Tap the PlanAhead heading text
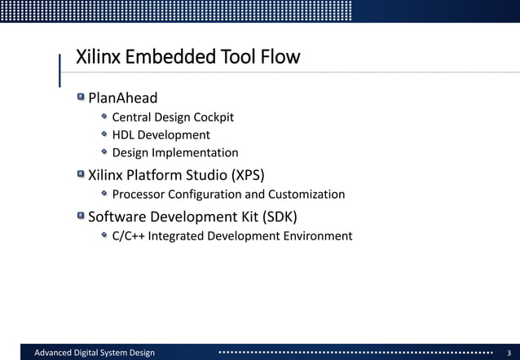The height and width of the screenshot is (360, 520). pos(122,99)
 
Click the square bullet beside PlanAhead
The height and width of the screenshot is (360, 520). pos(81,98)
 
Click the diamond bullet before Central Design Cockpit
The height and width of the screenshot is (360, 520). pos(104,116)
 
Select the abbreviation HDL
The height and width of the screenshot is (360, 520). pos(123,135)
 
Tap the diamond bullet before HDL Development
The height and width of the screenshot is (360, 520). pos(104,134)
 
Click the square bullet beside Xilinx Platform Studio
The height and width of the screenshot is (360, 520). pos(81,173)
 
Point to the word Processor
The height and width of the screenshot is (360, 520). pos(140,195)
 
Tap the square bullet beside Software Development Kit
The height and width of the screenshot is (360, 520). pos(81,216)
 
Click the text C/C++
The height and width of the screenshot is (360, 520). pos(128,236)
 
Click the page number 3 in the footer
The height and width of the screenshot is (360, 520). pos(509,352)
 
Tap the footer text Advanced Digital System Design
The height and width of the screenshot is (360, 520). pos(94,352)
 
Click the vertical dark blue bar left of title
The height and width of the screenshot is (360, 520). pos(60,69)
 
